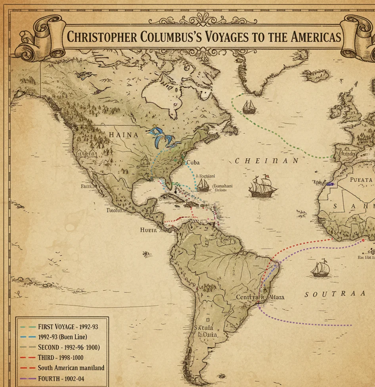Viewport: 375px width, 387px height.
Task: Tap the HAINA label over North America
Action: point(124,135)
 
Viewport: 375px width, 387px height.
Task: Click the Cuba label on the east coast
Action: point(193,162)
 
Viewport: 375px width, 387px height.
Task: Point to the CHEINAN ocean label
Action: point(267,161)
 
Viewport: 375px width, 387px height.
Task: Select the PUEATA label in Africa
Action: point(361,180)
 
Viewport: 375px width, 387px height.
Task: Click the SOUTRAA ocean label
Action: point(335,294)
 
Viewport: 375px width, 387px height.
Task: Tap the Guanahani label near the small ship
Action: point(223,186)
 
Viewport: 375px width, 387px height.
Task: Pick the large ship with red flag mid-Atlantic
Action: point(263,186)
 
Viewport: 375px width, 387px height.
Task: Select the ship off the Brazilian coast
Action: point(320,269)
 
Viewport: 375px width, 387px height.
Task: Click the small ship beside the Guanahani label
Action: point(203,185)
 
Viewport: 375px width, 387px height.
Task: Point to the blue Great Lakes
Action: point(163,137)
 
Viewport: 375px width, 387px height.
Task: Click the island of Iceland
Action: point(315,74)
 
